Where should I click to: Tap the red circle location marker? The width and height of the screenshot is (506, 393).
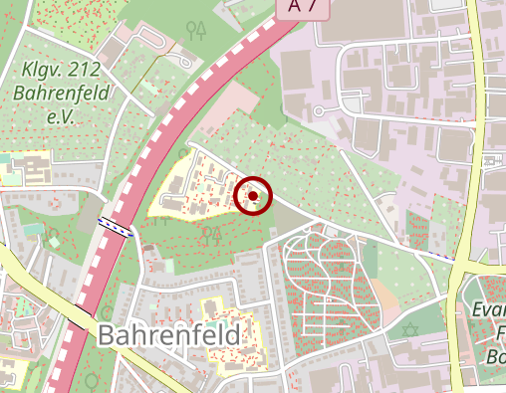(x=254, y=195)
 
